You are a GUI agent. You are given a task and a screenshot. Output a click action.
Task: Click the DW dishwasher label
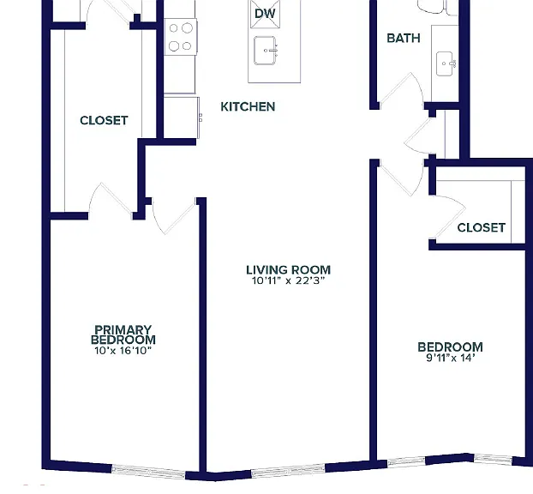[265, 14]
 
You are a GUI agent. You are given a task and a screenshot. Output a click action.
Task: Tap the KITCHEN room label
[248, 107]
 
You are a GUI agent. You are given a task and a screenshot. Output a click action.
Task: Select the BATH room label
[404, 38]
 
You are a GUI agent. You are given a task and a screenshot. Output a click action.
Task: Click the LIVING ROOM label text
[288, 270]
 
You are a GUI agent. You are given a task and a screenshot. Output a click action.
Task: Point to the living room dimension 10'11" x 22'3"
[288, 280]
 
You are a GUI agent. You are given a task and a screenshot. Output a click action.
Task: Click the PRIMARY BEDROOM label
[123, 334]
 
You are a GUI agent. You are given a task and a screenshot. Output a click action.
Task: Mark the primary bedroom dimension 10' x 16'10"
[123, 351]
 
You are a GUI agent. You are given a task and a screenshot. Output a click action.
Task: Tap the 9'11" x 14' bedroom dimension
[451, 358]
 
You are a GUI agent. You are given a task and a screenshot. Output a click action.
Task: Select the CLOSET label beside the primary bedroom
[104, 120]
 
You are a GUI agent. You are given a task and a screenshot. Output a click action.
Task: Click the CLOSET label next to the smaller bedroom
[482, 227]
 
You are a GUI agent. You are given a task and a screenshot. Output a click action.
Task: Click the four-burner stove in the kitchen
[181, 37]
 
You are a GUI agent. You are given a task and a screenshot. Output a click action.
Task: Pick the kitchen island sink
[265, 51]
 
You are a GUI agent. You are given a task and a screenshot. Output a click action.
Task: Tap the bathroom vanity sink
[446, 63]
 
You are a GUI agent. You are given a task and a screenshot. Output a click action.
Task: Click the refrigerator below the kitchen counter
[182, 117]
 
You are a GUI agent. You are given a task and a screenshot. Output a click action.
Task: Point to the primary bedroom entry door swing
[174, 216]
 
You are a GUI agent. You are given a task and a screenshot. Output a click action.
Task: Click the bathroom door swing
[402, 91]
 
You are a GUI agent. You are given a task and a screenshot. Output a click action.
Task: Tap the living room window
[288, 469]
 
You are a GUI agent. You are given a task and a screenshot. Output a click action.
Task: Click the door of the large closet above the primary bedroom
[111, 201]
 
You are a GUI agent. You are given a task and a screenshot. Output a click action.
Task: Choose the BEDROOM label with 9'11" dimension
[451, 347]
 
